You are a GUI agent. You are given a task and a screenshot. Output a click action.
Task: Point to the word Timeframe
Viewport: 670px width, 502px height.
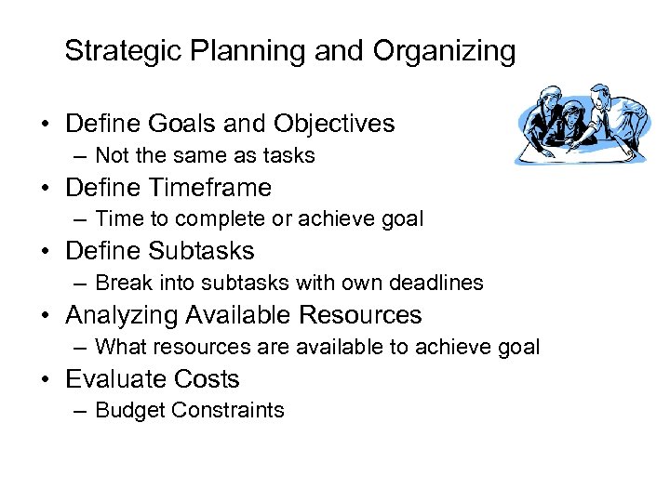click(x=207, y=187)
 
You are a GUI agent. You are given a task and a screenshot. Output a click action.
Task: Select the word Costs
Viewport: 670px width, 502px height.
click(x=210, y=379)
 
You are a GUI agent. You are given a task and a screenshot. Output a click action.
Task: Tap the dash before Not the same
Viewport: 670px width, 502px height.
click(x=82, y=155)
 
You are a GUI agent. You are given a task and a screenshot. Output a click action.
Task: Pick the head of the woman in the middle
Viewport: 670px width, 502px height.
click(x=572, y=114)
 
